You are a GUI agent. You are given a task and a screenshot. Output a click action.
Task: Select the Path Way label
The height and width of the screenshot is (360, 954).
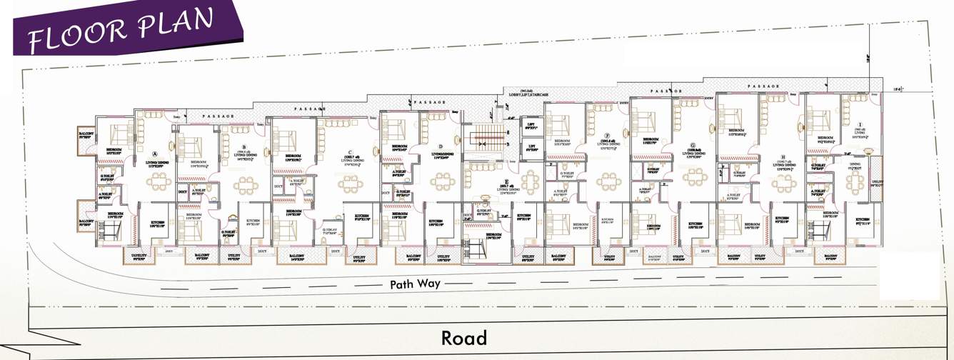415,284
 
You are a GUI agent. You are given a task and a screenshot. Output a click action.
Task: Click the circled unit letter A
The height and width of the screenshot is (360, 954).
156,153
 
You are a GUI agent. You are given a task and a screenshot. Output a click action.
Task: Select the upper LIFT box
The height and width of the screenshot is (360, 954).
531,126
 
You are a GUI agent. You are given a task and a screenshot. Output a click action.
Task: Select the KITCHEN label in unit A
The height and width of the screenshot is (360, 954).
157,223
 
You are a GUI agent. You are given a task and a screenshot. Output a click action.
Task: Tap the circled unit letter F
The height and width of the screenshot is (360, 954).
606,134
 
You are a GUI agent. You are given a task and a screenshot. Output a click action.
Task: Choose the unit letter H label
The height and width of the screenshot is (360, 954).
783,156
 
